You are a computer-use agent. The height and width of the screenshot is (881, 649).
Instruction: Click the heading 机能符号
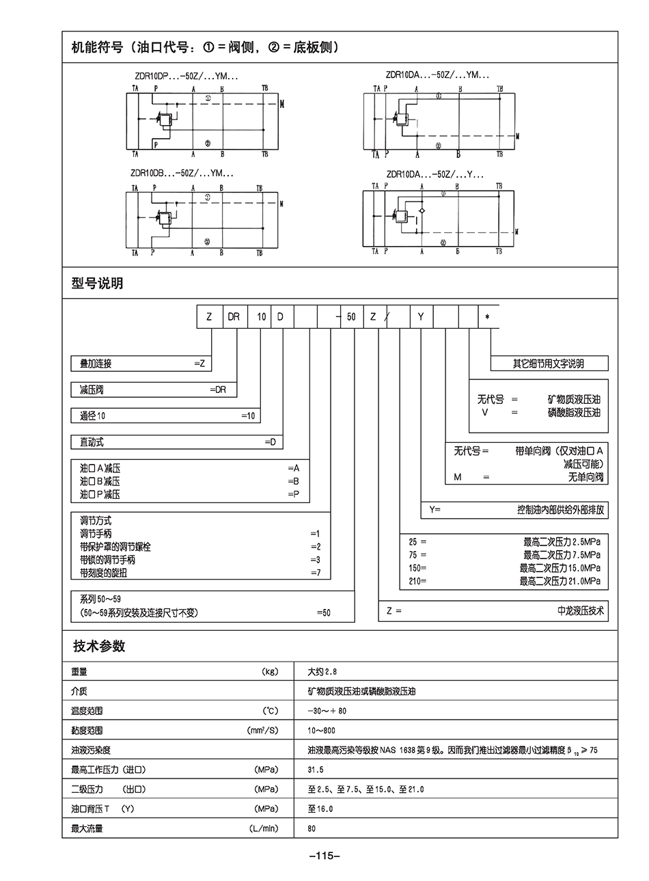click(97, 48)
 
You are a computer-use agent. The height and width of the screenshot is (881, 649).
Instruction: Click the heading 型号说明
click(97, 283)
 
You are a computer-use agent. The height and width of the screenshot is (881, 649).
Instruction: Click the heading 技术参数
click(99, 647)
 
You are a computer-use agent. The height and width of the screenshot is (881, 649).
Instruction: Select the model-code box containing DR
click(234, 317)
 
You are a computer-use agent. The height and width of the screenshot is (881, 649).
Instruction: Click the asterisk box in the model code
click(488, 317)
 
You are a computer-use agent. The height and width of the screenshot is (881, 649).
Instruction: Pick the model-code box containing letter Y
click(421, 317)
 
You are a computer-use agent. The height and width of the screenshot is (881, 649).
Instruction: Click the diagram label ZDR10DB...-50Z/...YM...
click(180, 174)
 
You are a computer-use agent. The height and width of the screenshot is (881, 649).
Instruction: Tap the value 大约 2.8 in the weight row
click(322, 672)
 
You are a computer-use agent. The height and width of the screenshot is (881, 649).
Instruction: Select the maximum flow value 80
click(312, 828)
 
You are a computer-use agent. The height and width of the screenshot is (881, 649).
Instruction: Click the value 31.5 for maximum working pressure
click(316, 770)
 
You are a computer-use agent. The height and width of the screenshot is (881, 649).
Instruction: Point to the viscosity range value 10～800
click(321, 731)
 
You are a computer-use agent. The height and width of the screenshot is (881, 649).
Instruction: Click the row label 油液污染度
click(91, 750)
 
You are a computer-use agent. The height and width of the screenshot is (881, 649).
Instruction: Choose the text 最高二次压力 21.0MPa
click(560, 582)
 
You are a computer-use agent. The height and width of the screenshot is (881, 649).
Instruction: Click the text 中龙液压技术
click(581, 611)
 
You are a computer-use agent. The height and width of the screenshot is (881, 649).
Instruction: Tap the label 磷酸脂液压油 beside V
click(574, 413)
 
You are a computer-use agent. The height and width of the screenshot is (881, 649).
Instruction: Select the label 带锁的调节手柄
click(108, 560)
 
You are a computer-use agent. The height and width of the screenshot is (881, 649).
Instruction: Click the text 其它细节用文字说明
click(549, 364)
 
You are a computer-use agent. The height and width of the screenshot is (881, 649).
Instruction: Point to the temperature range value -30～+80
click(327, 711)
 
